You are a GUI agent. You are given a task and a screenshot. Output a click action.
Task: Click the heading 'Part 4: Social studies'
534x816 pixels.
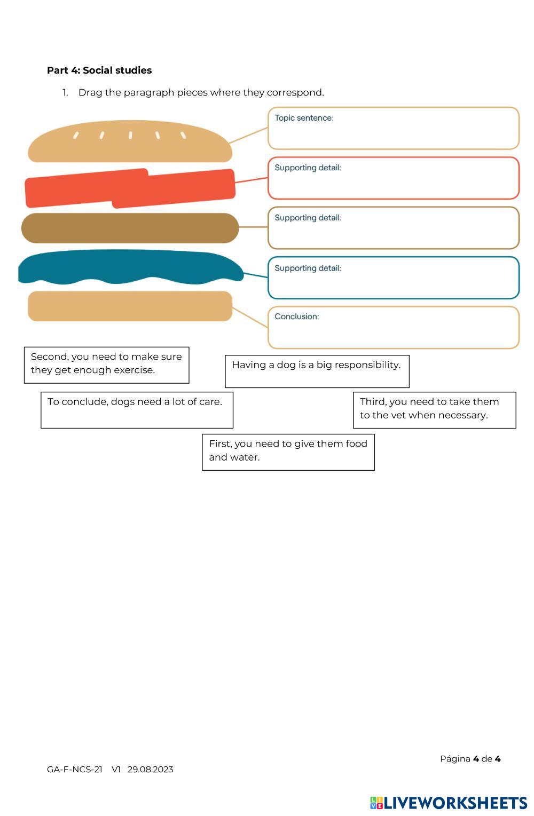point(99,70)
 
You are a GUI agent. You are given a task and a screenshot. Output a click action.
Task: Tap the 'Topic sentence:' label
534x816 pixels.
point(304,118)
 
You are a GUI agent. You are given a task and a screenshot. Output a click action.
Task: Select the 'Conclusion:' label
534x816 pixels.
point(296,316)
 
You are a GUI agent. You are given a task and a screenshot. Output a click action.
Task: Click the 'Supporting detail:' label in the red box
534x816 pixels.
point(308,168)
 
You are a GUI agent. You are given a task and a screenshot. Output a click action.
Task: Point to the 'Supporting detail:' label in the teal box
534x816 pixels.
point(308,268)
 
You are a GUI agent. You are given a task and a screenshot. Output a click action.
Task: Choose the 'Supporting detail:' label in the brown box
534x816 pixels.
point(308,218)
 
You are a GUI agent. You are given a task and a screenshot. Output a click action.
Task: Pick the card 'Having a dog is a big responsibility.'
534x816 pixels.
point(317,371)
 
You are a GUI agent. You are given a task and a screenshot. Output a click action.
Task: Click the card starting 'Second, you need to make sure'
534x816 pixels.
point(106,365)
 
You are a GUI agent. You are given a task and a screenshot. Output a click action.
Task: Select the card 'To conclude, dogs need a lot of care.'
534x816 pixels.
point(137,409)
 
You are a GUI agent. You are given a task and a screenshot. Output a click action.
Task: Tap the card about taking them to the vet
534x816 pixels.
point(434,409)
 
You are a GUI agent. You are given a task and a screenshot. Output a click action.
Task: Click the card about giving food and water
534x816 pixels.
point(288,451)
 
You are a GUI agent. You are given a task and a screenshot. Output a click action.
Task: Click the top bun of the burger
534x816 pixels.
point(130,141)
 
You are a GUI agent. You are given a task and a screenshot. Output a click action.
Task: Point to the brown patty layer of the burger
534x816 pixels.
point(130,228)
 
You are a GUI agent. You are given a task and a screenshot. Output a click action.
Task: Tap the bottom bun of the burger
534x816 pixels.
point(130,306)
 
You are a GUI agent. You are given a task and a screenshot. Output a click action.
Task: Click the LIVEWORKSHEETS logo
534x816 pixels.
point(448,803)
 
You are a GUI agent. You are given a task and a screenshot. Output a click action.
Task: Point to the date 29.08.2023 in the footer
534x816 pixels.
point(150,769)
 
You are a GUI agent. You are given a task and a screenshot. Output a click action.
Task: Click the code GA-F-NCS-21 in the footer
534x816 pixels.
point(75,769)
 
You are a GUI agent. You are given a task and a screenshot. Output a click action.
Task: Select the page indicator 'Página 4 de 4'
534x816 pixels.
point(470,758)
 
